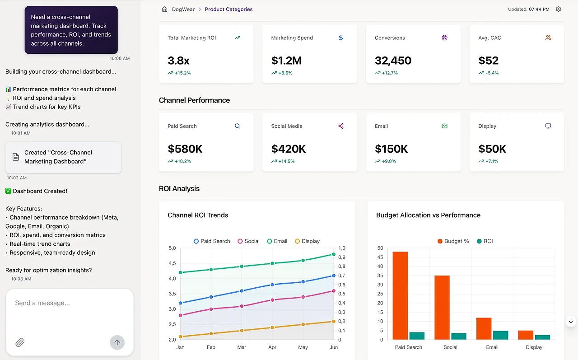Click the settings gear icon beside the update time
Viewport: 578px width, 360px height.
559,9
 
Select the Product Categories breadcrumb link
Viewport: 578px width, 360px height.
228,9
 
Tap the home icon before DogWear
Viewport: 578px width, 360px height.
164,9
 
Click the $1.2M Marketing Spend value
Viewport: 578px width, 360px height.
286,61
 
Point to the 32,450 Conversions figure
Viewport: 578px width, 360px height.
393,61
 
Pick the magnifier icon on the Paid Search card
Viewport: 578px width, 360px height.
238,126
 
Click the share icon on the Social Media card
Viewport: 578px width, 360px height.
341,126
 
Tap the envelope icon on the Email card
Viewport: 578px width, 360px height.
444,126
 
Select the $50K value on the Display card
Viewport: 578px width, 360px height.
492,149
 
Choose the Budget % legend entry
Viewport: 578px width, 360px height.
453,241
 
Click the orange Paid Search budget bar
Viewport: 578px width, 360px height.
400,295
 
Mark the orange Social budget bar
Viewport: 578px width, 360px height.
442,307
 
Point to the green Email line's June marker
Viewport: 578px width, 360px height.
334,255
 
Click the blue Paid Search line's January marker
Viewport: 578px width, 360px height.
181,303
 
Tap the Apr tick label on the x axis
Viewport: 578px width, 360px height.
272,347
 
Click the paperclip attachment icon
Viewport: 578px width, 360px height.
20,342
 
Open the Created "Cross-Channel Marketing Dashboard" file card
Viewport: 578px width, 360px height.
63,157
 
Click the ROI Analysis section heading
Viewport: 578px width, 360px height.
179,189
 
